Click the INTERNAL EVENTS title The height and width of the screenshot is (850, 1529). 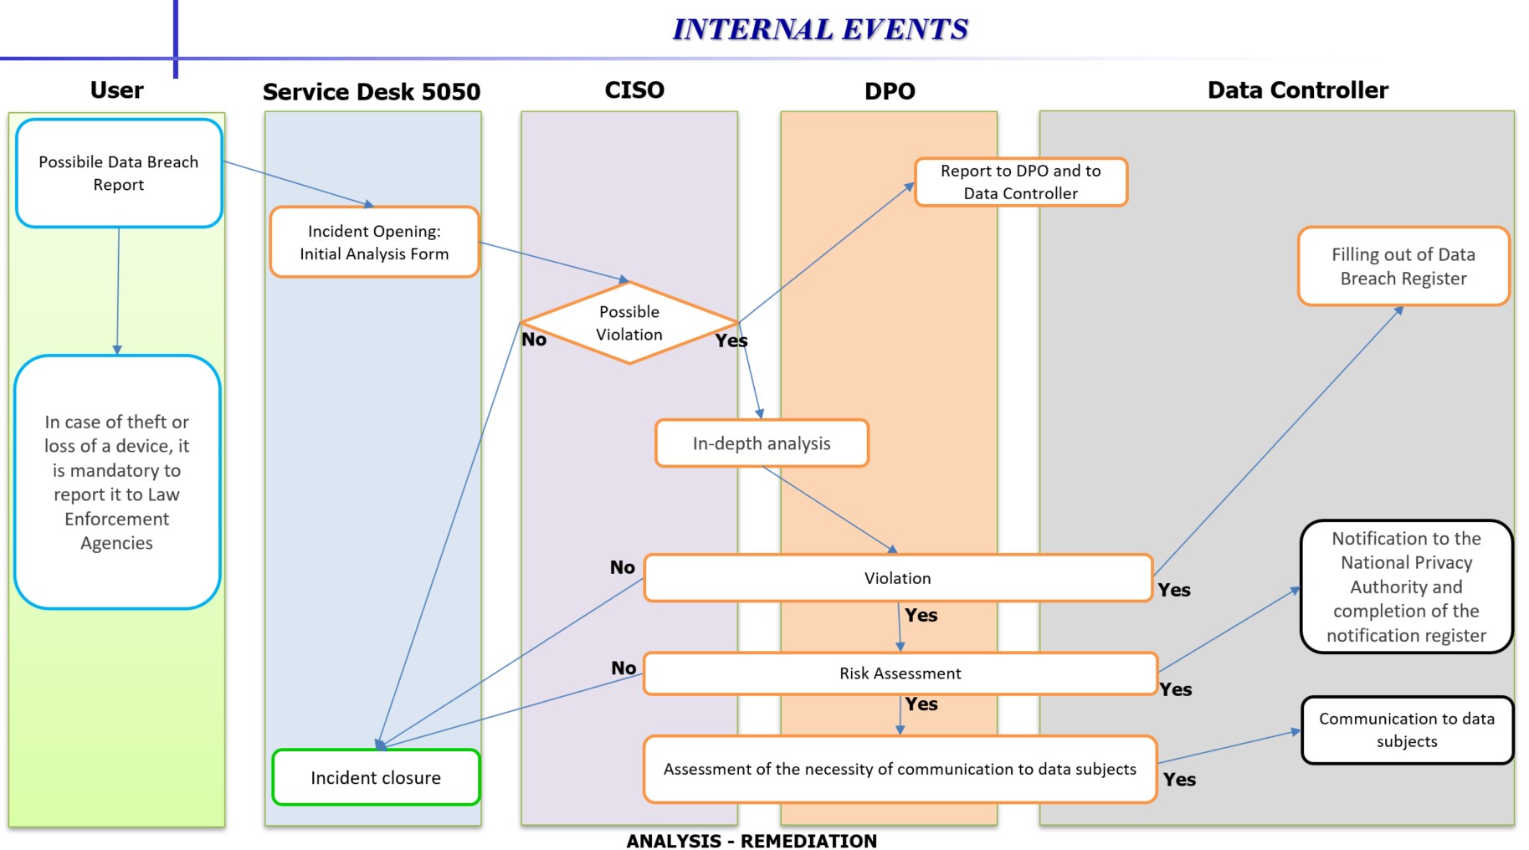point(820,29)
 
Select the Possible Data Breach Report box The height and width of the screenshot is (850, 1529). point(119,173)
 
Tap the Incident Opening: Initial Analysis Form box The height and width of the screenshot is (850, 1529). point(374,243)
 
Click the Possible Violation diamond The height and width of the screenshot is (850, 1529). point(629,323)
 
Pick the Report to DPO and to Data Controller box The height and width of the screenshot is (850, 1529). point(1020,182)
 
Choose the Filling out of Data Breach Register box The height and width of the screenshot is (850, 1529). point(1403,266)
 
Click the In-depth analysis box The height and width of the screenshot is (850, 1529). point(762,443)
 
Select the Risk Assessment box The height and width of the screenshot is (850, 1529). point(900,673)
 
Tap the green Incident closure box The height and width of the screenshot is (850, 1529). point(376,778)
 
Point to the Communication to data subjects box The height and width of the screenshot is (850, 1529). point(1407,730)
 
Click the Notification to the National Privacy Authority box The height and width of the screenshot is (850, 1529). point(1406,586)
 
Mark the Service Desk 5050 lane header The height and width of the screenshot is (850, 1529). point(372,92)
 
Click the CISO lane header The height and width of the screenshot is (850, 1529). point(634,90)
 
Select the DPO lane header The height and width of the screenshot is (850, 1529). point(890,91)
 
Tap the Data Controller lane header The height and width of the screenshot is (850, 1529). point(1297,90)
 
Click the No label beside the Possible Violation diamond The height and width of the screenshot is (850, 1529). point(534,340)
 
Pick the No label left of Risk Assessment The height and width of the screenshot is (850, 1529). point(623,668)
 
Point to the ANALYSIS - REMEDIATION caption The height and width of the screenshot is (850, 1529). point(752,841)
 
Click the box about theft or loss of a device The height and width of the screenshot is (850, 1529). point(117,482)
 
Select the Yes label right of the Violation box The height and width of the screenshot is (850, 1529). point(1174,590)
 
